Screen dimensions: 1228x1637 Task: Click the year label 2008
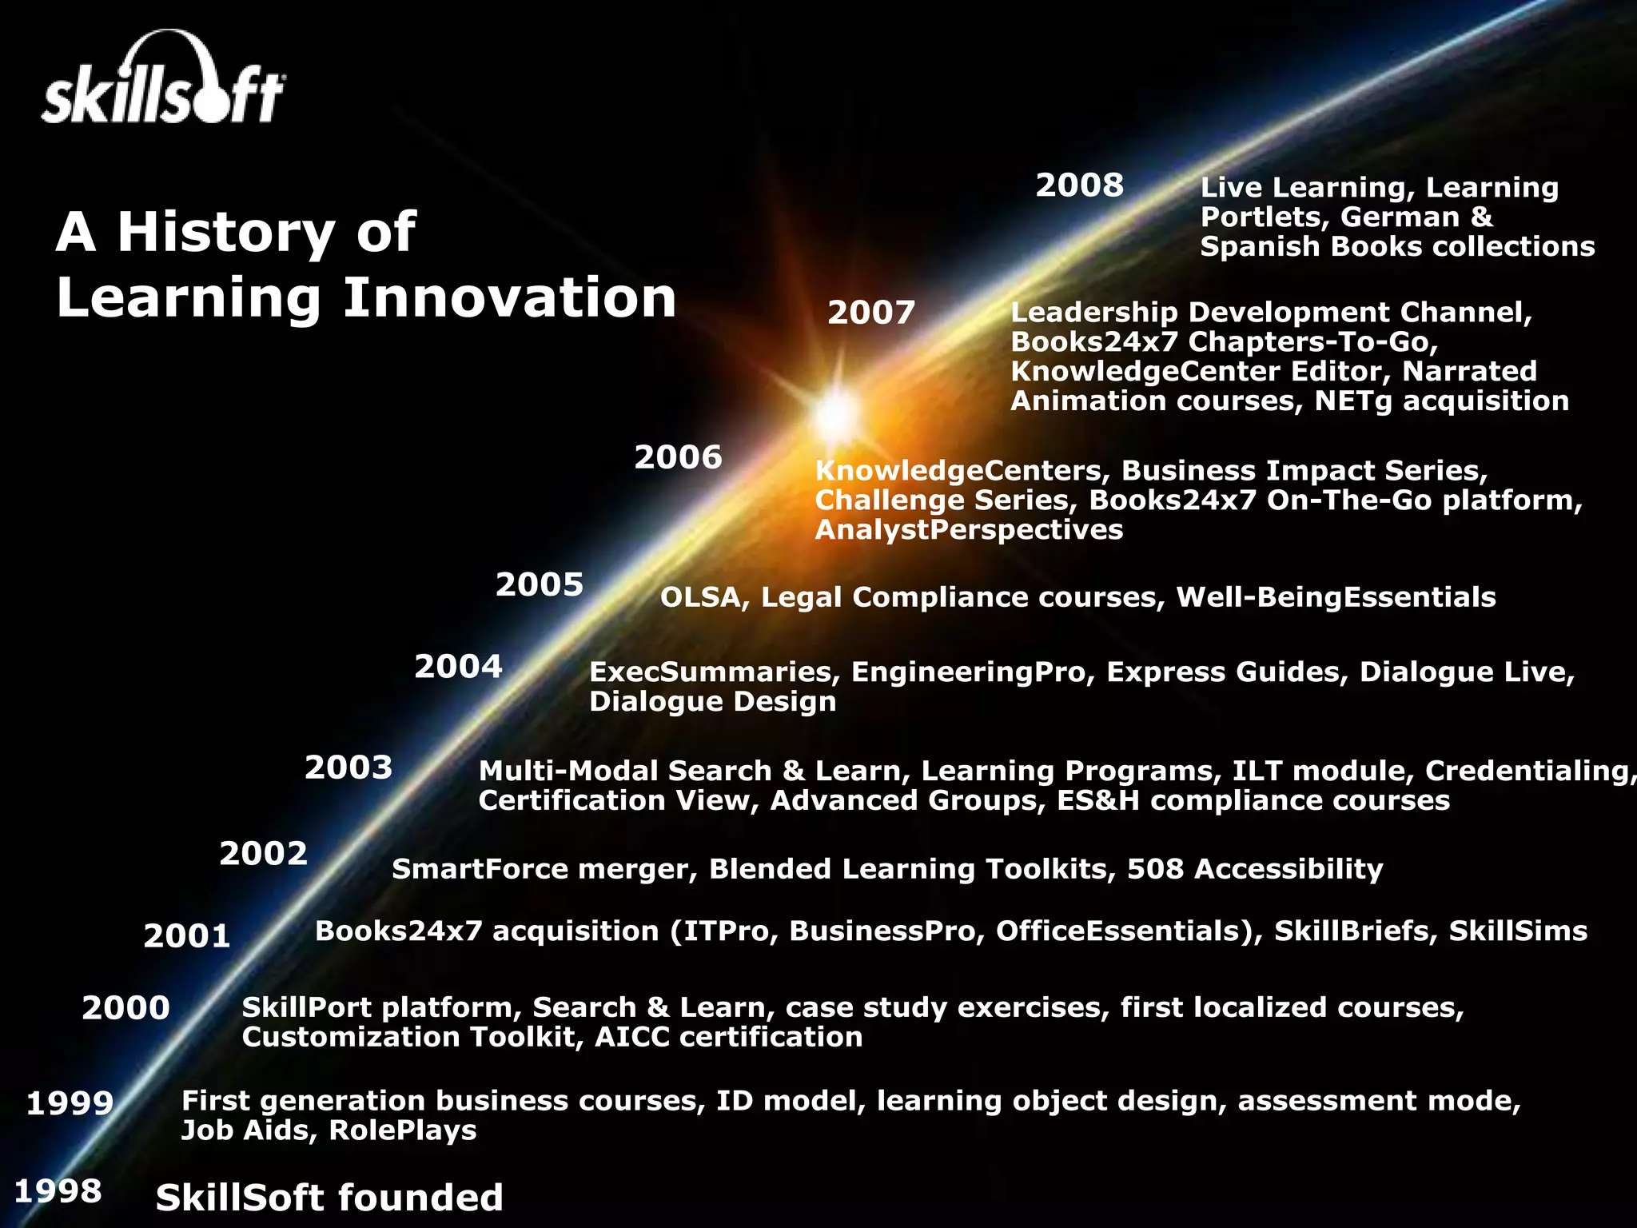pos(1079,185)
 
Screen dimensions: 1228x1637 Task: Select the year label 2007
pos(871,313)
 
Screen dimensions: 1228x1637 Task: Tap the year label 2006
pos(678,457)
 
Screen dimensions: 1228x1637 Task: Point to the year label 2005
pos(540,584)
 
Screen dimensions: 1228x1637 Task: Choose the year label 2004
pos(458,666)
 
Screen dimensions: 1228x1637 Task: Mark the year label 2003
pos(349,767)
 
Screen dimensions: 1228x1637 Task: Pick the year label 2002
pos(263,853)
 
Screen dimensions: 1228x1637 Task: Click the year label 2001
pos(187,935)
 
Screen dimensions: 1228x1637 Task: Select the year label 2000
pos(125,1007)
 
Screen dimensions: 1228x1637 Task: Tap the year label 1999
pos(70,1103)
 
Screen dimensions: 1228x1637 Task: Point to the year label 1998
pos(58,1190)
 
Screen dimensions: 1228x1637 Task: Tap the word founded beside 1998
pos(420,1198)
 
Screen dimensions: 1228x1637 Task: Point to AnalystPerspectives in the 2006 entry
pos(969,529)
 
